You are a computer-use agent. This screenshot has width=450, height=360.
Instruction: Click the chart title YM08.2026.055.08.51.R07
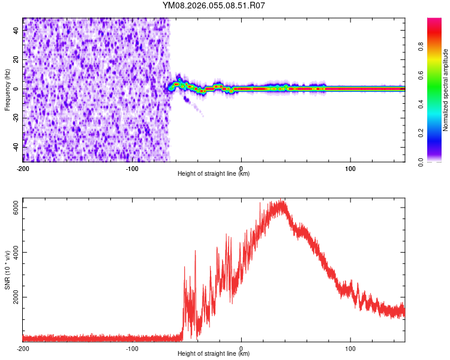coord(214,6)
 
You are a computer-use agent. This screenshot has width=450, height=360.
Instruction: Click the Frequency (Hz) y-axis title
coord(7,89)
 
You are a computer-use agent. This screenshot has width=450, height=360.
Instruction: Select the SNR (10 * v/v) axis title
coord(8,270)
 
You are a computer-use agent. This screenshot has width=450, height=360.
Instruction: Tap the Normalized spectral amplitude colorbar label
coord(445,89)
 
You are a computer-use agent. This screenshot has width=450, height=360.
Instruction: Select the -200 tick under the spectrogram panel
coord(23,168)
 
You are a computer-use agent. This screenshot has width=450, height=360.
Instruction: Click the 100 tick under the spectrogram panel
coord(351,168)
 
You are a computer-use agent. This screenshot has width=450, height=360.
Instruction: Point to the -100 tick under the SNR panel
coord(132,348)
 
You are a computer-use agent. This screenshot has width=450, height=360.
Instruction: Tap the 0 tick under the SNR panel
coord(241,348)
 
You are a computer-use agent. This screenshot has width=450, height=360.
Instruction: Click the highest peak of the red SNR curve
coord(280,201)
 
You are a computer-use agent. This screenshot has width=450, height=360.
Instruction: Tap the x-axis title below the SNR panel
coord(214,354)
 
